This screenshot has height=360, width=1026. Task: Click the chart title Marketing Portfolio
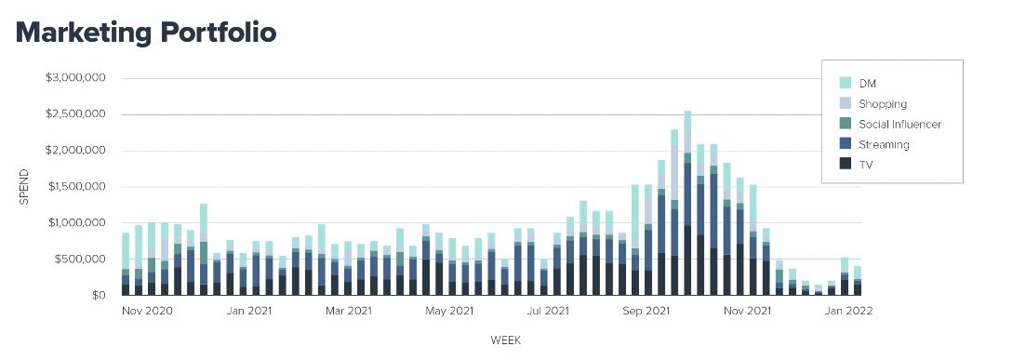point(146,32)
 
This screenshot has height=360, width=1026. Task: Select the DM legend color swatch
point(845,83)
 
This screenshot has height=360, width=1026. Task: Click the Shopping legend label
point(883,104)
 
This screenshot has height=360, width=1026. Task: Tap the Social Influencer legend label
point(899,125)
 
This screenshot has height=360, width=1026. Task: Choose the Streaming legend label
point(884,145)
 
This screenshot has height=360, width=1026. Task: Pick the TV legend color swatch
point(845,164)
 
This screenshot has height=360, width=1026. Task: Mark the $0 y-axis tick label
point(99,296)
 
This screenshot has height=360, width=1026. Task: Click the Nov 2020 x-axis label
point(148,312)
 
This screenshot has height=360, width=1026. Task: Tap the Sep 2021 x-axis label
point(646,312)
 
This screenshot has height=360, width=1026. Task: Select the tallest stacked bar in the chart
point(687,205)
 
